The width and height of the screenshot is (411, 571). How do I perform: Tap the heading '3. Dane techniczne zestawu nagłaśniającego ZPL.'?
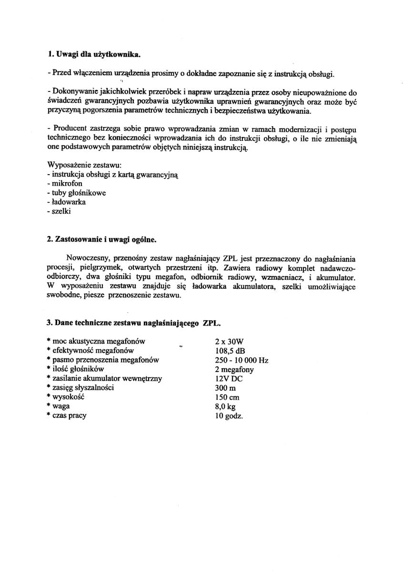(133, 323)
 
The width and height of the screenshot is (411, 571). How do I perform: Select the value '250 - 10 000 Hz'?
(241, 360)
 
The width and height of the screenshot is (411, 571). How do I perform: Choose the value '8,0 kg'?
(225, 406)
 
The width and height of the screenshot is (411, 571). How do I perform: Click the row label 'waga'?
(61, 406)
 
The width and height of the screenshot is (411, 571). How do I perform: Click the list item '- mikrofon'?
(64, 184)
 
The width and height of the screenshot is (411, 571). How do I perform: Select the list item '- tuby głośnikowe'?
(76, 193)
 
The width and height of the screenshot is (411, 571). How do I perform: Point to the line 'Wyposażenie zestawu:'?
(84, 165)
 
